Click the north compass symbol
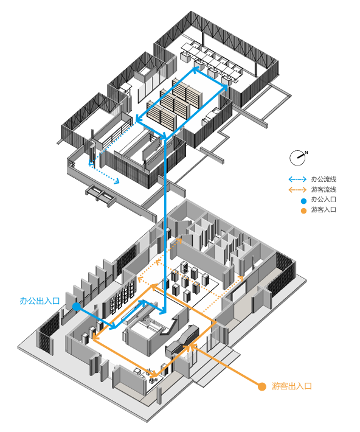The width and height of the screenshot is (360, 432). (x=298, y=158)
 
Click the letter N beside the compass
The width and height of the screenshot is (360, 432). (x=306, y=152)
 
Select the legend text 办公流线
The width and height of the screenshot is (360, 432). (x=324, y=179)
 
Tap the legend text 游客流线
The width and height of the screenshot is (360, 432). (x=324, y=190)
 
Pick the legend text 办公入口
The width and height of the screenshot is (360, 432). (x=324, y=200)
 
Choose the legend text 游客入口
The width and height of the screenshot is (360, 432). (x=324, y=210)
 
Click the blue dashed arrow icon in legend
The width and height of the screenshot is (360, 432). (x=297, y=179)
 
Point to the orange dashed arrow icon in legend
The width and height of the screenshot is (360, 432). (x=297, y=190)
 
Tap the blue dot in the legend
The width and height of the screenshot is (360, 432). (x=303, y=201)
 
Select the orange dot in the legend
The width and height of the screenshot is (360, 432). (x=303, y=211)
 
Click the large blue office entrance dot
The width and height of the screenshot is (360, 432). (x=76, y=307)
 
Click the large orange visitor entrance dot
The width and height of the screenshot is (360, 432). (x=262, y=386)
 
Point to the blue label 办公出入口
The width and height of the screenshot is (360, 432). (x=40, y=301)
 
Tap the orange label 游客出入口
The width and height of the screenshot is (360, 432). (x=292, y=386)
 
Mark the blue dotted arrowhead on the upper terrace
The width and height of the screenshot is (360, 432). (x=117, y=181)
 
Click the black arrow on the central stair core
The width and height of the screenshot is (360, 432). (x=170, y=327)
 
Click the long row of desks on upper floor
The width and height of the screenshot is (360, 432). (x=211, y=63)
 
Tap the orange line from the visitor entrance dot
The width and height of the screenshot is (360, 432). (x=226, y=365)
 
